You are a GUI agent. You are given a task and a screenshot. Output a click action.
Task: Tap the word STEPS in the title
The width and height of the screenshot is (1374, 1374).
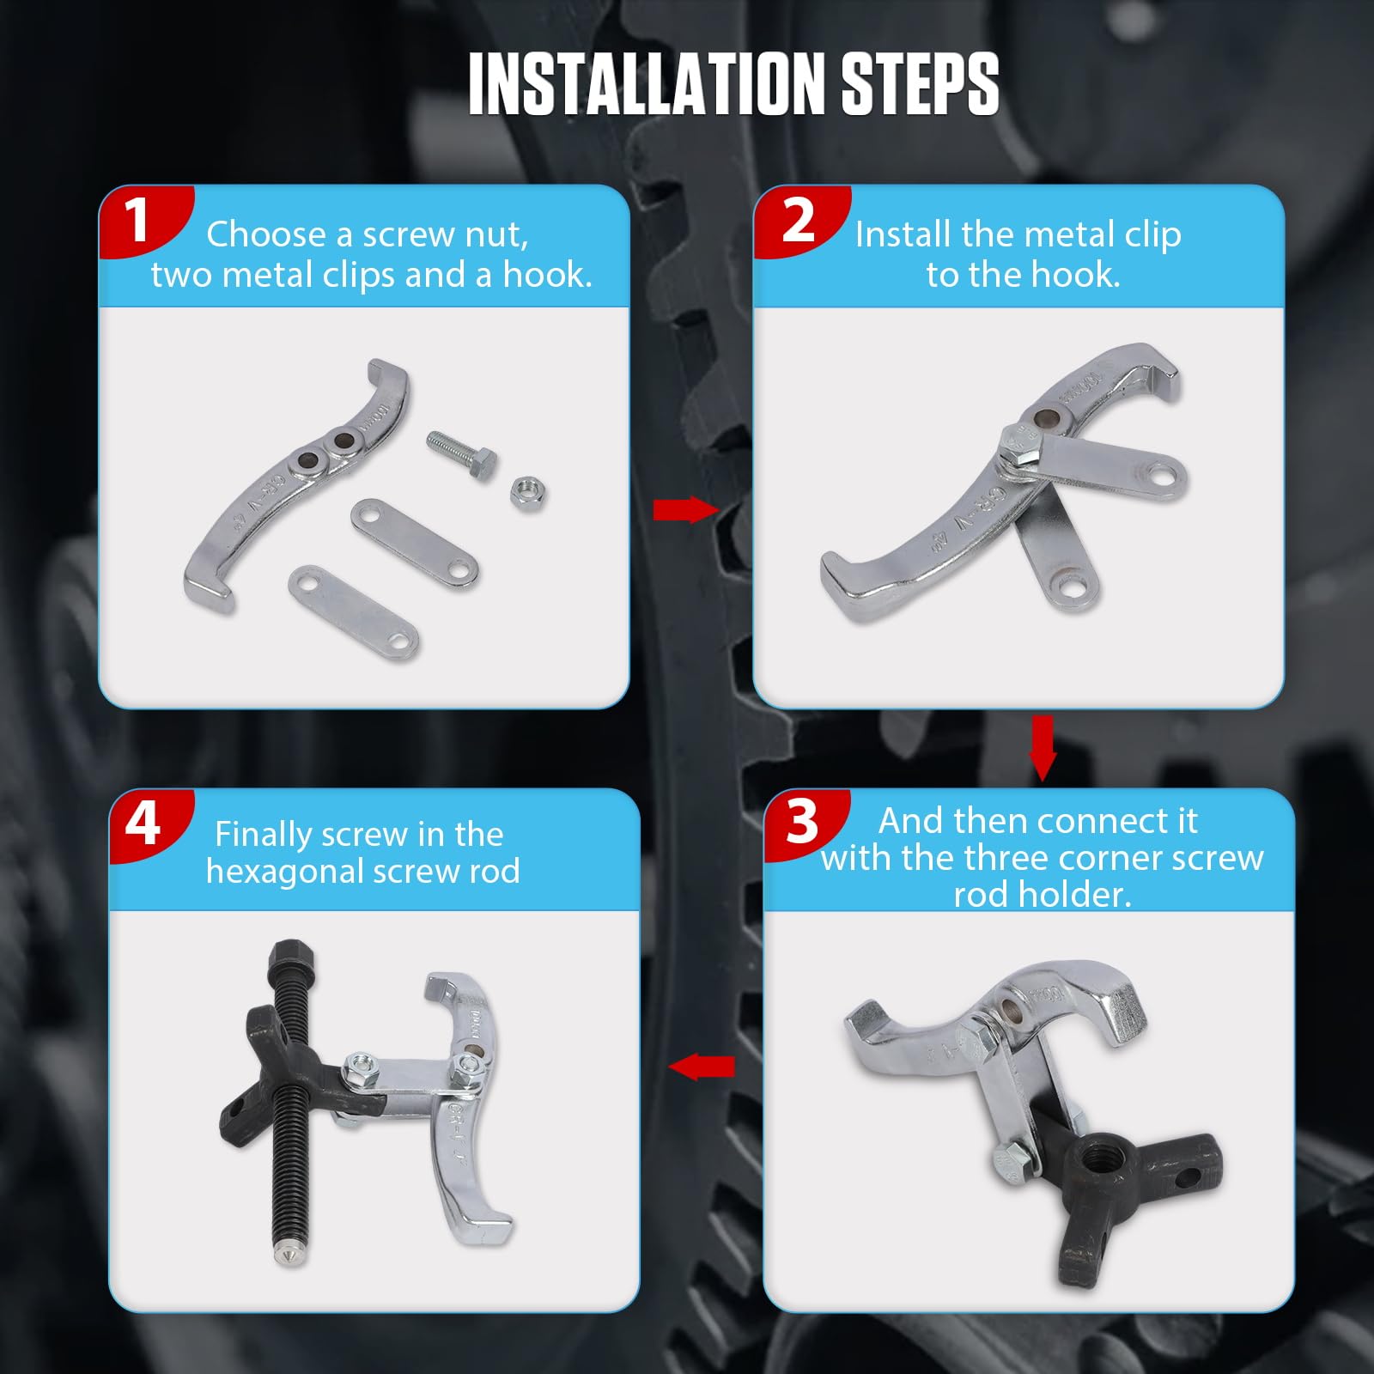[920, 83]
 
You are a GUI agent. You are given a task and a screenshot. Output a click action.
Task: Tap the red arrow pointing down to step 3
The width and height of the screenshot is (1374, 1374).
[1043, 748]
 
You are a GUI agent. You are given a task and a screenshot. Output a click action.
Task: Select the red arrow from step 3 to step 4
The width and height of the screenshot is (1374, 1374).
[702, 1067]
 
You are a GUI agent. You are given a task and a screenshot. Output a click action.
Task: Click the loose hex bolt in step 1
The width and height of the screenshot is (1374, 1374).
[461, 456]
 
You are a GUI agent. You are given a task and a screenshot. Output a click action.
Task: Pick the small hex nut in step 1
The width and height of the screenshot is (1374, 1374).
[527, 493]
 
